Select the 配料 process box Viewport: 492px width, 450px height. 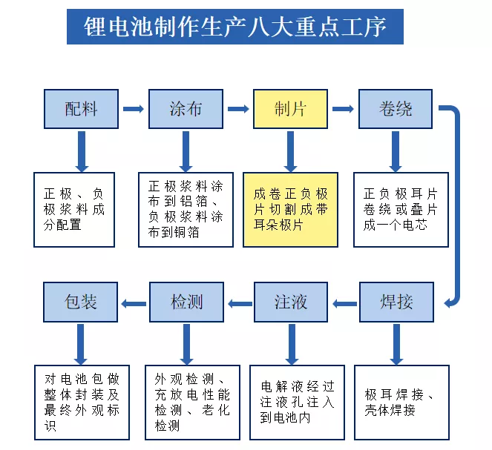81,110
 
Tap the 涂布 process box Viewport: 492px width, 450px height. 186,110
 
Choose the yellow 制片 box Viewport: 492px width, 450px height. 290,110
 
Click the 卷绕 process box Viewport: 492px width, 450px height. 396,110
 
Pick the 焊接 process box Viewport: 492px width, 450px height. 396,302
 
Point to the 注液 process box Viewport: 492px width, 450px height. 290,302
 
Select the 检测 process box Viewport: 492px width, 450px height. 186,302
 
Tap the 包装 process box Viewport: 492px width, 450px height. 81,302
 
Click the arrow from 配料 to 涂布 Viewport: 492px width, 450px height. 133,110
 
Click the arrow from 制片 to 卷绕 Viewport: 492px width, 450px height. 343,110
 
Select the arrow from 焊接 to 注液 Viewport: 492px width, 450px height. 344,302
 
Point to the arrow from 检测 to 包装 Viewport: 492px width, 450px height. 134,302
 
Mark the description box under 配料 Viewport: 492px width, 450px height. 74,210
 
